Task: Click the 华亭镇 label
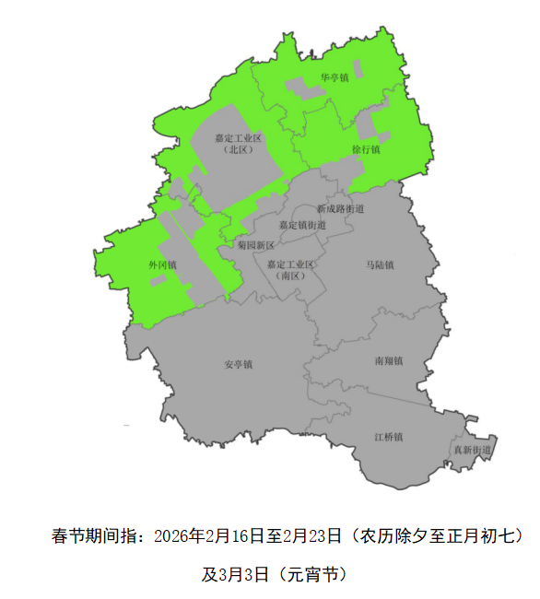pyautogui.click(x=335, y=77)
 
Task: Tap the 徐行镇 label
pyautogui.click(x=366, y=147)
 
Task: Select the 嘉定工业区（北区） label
pyautogui.click(x=239, y=143)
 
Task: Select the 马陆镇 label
pyautogui.click(x=380, y=265)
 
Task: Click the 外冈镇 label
pyautogui.click(x=162, y=264)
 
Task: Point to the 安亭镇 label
pyautogui.click(x=238, y=364)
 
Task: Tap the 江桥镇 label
pyautogui.click(x=388, y=436)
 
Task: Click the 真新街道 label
pyautogui.click(x=471, y=450)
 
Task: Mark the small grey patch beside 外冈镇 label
pyautogui.click(x=158, y=279)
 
